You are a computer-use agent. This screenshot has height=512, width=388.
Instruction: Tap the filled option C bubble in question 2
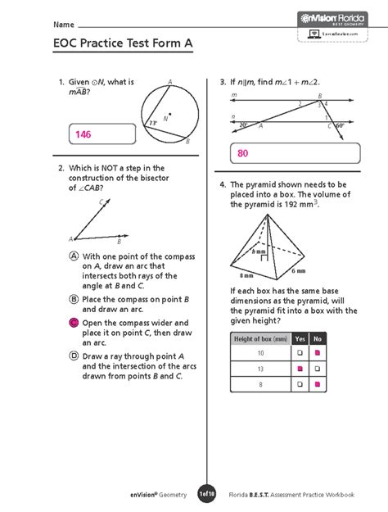pos(74,324)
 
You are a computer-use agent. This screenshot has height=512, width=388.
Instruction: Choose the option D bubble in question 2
pos(74,356)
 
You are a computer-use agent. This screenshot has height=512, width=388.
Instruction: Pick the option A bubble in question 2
pos(74,256)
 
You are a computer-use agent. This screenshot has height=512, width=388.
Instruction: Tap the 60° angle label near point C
pos(339,125)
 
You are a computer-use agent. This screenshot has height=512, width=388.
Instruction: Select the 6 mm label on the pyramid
pos(298,271)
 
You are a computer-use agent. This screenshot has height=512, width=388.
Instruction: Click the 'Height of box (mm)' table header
pos(260,338)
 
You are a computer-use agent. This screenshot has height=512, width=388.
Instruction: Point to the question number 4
pos(222,185)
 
